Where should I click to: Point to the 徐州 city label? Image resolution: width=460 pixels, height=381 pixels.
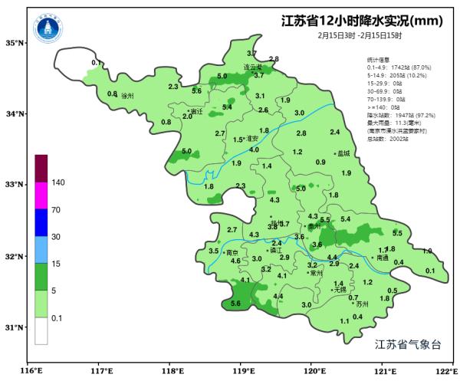127,96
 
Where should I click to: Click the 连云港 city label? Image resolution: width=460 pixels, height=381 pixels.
253,67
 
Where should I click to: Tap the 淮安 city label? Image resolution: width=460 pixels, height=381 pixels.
250,138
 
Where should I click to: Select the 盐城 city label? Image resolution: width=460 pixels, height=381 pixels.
342,153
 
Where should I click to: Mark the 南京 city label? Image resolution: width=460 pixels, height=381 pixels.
232,252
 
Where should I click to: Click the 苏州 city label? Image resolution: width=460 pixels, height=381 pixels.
363,304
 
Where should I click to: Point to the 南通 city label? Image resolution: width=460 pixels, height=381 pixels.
381,258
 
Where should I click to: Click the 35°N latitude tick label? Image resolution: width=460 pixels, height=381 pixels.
15,43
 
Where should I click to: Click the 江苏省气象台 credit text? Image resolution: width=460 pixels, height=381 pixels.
408,345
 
